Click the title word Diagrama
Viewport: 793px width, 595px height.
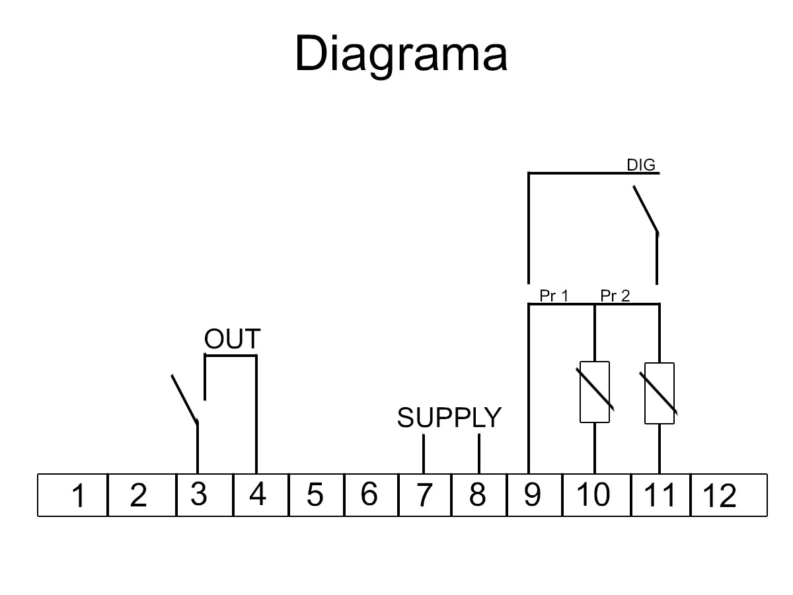pyautogui.click(x=400, y=55)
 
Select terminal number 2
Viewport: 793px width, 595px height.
pyautogui.click(x=138, y=496)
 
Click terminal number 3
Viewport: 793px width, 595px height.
pyautogui.click(x=199, y=495)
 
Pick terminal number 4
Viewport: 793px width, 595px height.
pyautogui.click(x=257, y=495)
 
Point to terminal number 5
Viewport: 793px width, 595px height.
pyautogui.click(x=315, y=495)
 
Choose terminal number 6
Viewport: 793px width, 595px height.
pyautogui.click(x=369, y=494)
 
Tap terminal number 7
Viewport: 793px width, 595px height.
pyautogui.click(x=424, y=495)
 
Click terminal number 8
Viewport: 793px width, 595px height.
pyautogui.click(x=477, y=495)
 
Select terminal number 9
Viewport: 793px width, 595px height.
pyautogui.click(x=533, y=495)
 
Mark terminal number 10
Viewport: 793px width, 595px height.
pyautogui.click(x=593, y=495)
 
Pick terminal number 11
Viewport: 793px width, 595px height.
pyautogui.click(x=660, y=495)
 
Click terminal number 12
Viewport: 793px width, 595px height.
pyautogui.click(x=720, y=496)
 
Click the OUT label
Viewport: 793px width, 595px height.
pyautogui.click(x=232, y=340)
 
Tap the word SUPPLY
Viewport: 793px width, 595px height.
pyautogui.click(x=449, y=418)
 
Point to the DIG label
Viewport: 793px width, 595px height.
pyautogui.click(x=641, y=165)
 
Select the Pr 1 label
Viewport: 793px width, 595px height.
pyautogui.click(x=554, y=296)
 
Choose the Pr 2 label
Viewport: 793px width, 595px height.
pyautogui.click(x=615, y=296)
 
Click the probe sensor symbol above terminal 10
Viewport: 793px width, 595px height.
pyautogui.click(x=595, y=392)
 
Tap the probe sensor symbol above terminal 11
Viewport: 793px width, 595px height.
pyautogui.click(x=659, y=393)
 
